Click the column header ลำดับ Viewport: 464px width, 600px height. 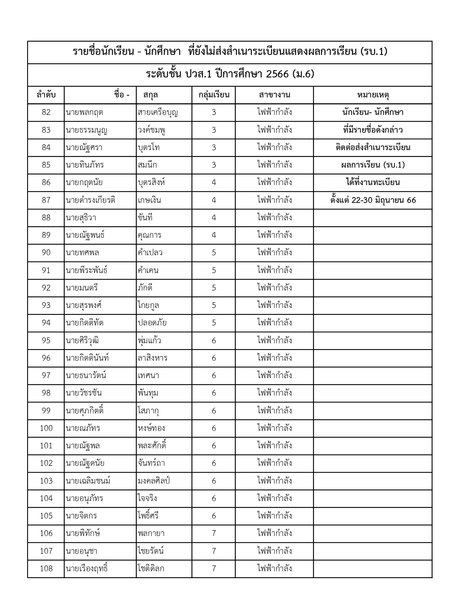pyautogui.click(x=46, y=95)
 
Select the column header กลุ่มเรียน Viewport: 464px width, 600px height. pyautogui.click(x=214, y=95)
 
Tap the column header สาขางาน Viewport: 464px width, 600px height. pyautogui.click(x=274, y=95)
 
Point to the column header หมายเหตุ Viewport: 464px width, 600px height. pyautogui.click(x=373, y=95)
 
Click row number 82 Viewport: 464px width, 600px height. pyautogui.click(x=46, y=112)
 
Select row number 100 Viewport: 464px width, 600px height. pyautogui.click(x=46, y=428)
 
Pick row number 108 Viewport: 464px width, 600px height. pyautogui.click(x=46, y=569)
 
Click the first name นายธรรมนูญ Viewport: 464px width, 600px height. pyautogui.click(x=87, y=130)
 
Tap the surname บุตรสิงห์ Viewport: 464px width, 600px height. pyautogui.click(x=151, y=183)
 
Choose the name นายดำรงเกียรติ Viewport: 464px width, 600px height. pyautogui.click(x=91, y=200)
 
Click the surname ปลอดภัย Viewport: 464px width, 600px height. pyautogui.click(x=152, y=323)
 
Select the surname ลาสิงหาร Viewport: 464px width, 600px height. pyautogui.click(x=152, y=358)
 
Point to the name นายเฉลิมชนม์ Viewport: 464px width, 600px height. pyautogui.click(x=88, y=481)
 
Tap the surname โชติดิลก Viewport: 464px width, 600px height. pyautogui.click(x=151, y=569)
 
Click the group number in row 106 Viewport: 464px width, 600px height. pyautogui.click(x=214, y=533)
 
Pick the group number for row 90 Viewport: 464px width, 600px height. pyautogui.click(x=214, y=253)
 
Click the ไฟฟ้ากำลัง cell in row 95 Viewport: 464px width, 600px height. pyautogui.click(x=274, y=341)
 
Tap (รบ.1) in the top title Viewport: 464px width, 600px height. pyautogui.click(x=373, y=52)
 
